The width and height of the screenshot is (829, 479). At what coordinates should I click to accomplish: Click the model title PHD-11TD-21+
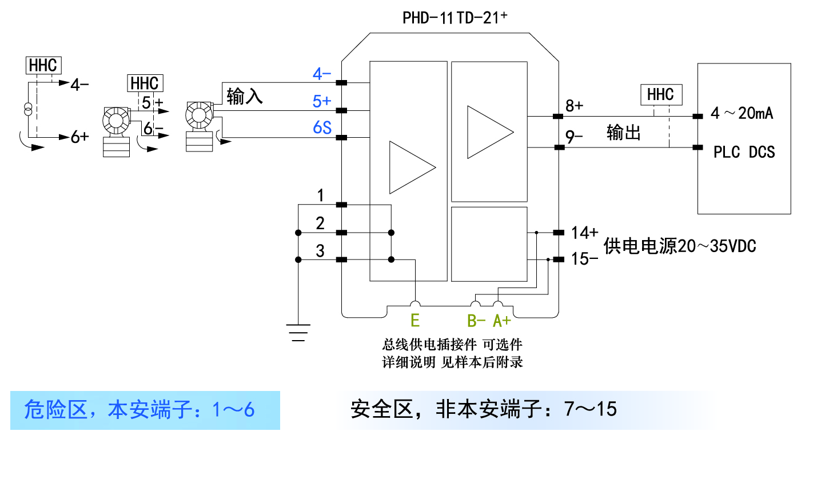pos(455,18)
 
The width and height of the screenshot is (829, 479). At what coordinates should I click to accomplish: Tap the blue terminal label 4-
pos(322,74)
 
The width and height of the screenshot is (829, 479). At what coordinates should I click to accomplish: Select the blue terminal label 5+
pos(322,101)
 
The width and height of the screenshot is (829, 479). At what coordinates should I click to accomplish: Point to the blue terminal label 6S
pos(322,127)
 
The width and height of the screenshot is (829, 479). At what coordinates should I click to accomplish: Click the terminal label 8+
pos(574,106)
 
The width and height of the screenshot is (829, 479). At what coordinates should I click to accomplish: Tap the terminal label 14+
pos(585,233)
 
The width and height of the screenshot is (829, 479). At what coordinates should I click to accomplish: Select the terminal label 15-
pos(585,259)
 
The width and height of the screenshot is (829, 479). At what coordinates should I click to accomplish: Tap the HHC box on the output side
pos(660,94)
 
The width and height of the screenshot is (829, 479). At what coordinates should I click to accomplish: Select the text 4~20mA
pos(742,114)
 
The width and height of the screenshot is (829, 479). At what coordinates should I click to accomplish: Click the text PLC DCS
pos(744,152)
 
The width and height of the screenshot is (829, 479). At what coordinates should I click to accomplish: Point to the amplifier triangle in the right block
pos(489,131)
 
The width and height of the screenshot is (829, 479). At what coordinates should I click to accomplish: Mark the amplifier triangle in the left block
pos(411,167)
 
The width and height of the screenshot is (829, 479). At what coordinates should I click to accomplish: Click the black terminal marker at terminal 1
pos(341,205)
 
